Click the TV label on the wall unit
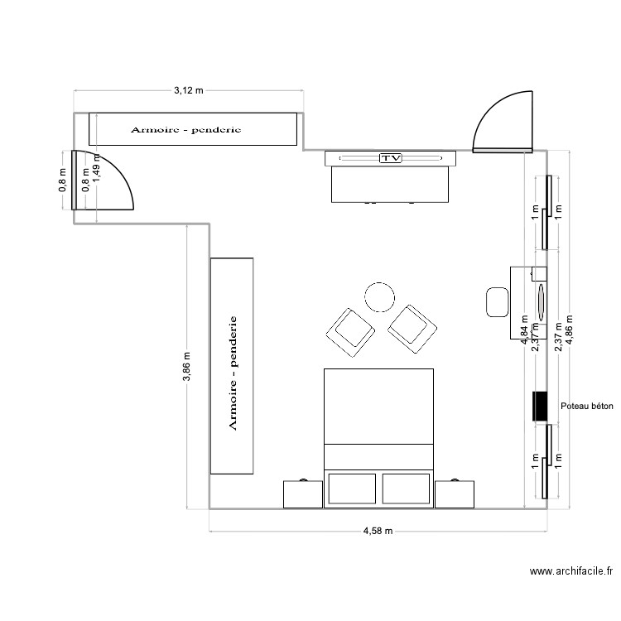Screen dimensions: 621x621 point(389,157)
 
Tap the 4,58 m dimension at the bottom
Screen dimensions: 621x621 point(377,531)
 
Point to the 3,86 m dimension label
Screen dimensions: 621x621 point(187,368)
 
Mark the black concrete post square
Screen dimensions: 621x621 point(539,406)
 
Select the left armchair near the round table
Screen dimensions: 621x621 point(350,330)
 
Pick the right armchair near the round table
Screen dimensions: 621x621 point(412,328)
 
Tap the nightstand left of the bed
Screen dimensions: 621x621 point(302,493)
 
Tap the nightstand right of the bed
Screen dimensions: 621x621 point(455,493)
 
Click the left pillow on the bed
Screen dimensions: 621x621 point(353,488)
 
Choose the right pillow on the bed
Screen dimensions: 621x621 point(406,488)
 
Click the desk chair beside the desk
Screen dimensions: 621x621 point(498,301)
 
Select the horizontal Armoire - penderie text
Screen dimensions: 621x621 point(185,130)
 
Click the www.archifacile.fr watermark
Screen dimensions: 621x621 point(572,571)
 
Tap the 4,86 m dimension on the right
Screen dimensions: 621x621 point(569,331)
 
